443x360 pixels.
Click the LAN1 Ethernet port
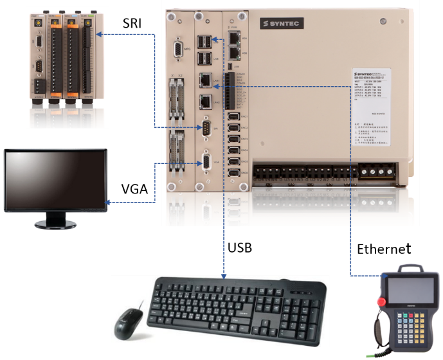click(206, 80)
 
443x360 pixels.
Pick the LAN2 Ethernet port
click(206, 101)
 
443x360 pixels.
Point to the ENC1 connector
click(234, 117)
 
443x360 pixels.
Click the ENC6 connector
click(234, 172)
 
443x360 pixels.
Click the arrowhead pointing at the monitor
click(107, 203)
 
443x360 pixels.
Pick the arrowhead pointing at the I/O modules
click(104, 34)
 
